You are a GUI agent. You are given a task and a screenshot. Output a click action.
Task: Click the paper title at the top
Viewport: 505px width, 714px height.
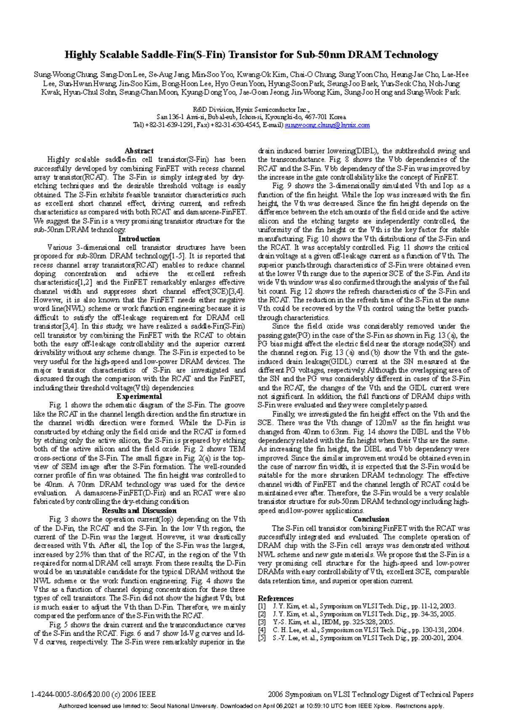click(251, 55)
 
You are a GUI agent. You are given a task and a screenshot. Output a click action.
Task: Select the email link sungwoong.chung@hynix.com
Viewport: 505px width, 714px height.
click(327, 125)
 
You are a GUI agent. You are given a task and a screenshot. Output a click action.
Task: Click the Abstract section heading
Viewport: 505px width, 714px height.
click(139, 151)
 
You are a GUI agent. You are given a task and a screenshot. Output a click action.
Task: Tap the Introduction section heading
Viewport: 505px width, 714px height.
click(139, 238)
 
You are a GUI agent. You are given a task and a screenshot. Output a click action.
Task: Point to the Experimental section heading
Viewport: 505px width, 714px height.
click(139, 396)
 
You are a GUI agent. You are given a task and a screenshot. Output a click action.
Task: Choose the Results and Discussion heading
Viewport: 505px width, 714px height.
click(139, 510)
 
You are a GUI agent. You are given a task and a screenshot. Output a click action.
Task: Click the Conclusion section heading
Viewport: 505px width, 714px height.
click(371, 519)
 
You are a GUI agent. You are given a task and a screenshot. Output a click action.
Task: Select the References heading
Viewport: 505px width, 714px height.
click(276, 598)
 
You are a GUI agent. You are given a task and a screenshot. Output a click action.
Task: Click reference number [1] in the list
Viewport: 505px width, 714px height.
click(262, 606)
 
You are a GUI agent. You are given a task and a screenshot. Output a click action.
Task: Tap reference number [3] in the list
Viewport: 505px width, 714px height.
click(262, 622)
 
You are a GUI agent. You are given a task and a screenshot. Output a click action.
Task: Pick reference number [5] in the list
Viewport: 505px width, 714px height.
click(262, 638)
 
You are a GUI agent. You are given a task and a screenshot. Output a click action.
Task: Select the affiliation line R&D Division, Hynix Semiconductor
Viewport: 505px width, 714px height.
click(251, 108)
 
